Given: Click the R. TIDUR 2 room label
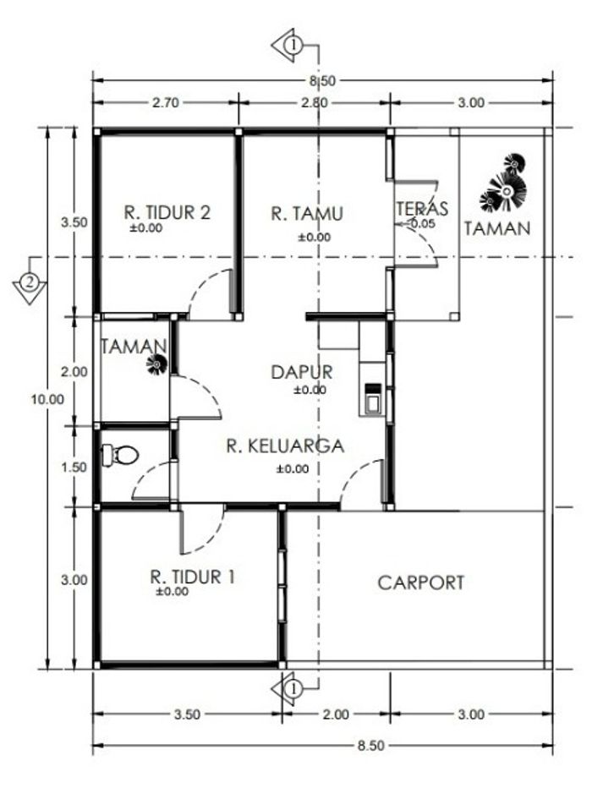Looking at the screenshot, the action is click(167, 212).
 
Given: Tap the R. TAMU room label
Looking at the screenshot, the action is click(307, 214).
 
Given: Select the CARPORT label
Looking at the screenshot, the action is click(420, 583).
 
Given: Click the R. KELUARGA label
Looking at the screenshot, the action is click(285, 446).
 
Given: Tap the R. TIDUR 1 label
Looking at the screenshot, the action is click(193, 577).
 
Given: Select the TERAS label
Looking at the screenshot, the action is click(422, 208).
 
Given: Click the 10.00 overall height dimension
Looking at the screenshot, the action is click(47, 400).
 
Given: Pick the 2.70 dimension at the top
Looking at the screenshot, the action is click(166, 103).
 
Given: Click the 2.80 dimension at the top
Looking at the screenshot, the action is click(314, 103).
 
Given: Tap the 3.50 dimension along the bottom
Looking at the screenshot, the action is click(187, 714).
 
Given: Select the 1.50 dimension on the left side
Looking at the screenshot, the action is click(74, 468).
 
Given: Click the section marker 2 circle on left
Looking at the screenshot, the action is click(30, 281).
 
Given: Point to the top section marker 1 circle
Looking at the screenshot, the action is click(293, 46).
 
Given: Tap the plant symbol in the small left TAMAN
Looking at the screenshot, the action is click(156, 364).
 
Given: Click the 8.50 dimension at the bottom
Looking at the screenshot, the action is click(371, 745).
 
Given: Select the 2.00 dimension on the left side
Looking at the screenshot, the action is click(74, 372).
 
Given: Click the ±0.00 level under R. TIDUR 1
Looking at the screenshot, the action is click(172, 592).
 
